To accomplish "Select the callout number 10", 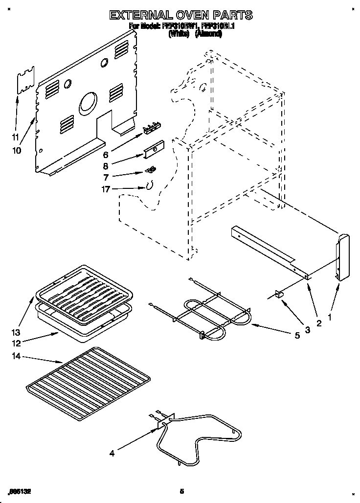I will pos(17,151).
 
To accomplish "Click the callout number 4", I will pos(112,453).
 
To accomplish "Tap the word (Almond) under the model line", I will pos(209,34).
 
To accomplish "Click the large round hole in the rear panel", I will pos(88,103).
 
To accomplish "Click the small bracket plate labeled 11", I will pos(26,80).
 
